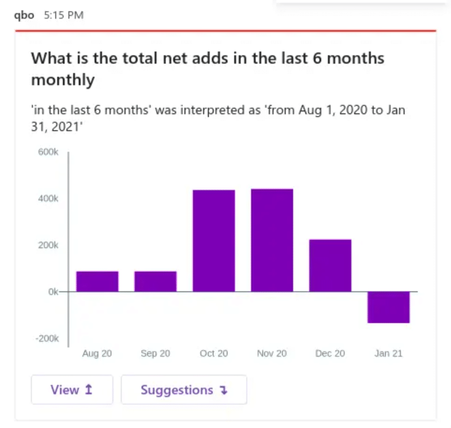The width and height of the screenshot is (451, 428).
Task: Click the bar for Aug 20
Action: (97, 281)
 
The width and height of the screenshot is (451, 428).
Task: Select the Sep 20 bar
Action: (155, 281)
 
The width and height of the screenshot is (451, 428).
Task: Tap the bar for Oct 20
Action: (214, 241)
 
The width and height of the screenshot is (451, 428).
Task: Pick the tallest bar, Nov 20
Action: (272, 240)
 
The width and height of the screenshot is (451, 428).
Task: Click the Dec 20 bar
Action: (330, 266)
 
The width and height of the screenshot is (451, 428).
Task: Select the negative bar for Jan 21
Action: (388, 307)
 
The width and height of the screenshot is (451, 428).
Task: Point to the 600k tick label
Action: (49, 152)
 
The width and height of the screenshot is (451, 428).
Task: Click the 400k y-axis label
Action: (49, 199)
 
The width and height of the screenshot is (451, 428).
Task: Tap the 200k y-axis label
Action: (49, 245)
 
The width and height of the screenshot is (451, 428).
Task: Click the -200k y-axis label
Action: (47, 339)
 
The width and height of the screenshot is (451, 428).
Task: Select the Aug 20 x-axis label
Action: (97, 354)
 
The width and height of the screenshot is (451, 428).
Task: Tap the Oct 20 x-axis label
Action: (214, 354)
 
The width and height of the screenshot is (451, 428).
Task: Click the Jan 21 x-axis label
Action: (388, 354)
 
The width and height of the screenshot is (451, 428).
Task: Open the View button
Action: (72, 390)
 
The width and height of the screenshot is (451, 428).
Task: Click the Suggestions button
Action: (184, 390)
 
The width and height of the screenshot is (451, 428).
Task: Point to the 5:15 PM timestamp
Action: (64, 15)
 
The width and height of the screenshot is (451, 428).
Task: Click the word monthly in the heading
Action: (63, 80)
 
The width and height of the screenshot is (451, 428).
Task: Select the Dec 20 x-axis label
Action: (330, 354)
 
